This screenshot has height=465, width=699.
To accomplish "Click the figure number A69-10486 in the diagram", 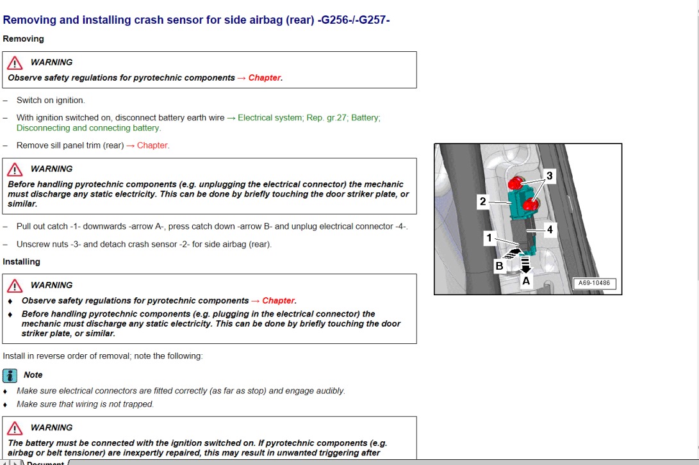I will (593, 283).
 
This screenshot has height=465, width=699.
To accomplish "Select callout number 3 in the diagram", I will (549, 175).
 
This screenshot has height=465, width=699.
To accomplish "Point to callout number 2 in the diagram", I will (482, 202).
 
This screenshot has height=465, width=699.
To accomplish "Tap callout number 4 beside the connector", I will (549, 229).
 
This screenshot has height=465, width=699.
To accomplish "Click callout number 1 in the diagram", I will (489, 238).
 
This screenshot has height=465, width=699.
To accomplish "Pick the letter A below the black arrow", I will (526, 281).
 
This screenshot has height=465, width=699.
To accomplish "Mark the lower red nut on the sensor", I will (529, 205).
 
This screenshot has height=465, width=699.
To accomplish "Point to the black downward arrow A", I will (525, 265).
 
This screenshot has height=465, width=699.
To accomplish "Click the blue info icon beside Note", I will (10, 375).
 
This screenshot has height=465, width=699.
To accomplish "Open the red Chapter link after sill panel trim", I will (152, 145).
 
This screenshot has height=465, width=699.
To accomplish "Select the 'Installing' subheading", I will (21, 262).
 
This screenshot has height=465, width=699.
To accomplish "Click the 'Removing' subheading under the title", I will (23, 39).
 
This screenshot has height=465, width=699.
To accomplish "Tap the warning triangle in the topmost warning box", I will (15, 63).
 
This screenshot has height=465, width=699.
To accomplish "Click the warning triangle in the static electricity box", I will (15, 169).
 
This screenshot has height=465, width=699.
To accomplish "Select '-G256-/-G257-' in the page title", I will (354, 20).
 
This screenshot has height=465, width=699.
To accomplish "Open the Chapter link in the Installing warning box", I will (278, 300).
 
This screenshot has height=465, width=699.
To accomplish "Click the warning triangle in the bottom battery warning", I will (15, 428).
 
